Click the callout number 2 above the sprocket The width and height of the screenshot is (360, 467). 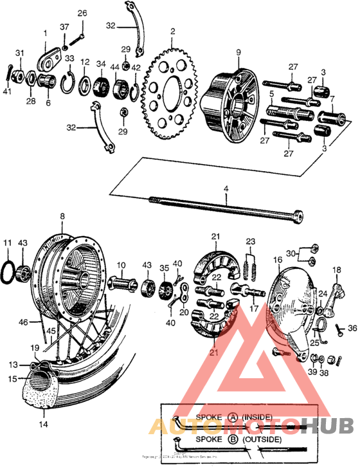(172, 31)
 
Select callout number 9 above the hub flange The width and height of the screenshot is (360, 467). (237, 51)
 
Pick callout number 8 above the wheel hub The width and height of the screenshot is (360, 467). (62, 217)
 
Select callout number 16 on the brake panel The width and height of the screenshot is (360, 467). (278, 261)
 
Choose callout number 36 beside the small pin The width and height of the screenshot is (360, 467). (352, 328)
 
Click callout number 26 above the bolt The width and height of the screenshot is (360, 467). (82, 13)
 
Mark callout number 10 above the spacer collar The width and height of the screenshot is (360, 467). (121, 265)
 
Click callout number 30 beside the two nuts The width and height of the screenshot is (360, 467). (291, 253)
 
